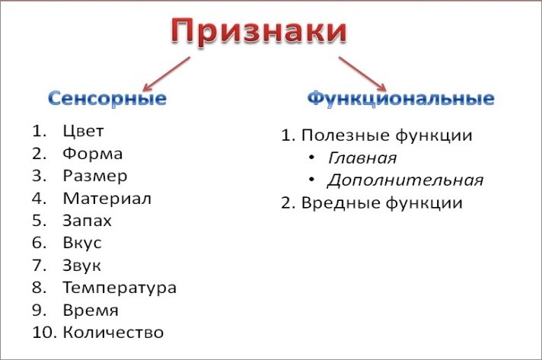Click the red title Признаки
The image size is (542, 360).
pyautogui.click(x=259, y=32)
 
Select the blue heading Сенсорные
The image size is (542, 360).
pyautogui.click(x=107, y=98)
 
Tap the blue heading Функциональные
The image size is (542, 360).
pyautogui.click(x=400, y=98)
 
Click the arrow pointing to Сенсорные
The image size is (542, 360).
pyautogui.click(x=166, y=74)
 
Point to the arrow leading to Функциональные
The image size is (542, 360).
pyautogui.click(x=362, y=74)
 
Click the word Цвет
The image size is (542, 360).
pyautogui.click(x=83, y=131)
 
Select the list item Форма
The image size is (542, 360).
pyautogui.click(x=92, y=154)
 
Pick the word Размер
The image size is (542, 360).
pyautogui.click(x=94, y=176)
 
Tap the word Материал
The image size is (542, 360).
pyautogui.click(x=107, y=199)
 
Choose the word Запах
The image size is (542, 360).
pyautogui.click(x=87, y=221)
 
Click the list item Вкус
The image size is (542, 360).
pyautogui.click(x=82, y=244)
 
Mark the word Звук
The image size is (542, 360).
pyautogui.click(x=81, y=266)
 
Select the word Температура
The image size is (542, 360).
pyautogui.click(x=120, y=288)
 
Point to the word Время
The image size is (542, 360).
pyautogui.click(x=91, y=311)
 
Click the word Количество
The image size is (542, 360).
pyautogui.click(x=113, y=333)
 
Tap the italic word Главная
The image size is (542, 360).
pyautogui.click(x=362, y=158)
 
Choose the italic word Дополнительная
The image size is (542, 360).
pyautogui.click(x=405, y=180)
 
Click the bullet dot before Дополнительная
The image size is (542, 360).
pyautogui.click(x=312, y=180)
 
